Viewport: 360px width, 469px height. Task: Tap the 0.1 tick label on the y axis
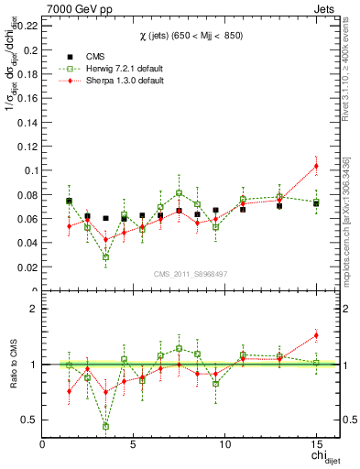30,170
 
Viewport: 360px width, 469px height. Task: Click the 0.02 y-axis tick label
27,267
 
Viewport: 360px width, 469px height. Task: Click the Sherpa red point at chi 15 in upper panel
316,166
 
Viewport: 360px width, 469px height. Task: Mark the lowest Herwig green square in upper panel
106,256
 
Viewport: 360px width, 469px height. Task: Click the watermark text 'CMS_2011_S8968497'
191,274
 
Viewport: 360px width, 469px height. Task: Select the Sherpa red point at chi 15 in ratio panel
316,335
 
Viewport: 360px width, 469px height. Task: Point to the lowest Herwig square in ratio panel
106,426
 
